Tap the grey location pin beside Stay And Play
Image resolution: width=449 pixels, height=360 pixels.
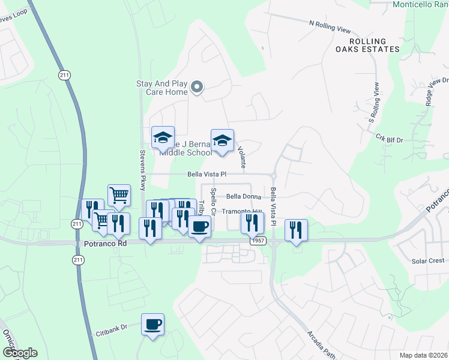coord(197,89)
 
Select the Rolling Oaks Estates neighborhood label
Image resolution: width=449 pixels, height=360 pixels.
coord(367,45)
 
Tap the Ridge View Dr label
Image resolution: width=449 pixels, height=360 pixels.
coord(436,91)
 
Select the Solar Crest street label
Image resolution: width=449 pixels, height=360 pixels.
coord(428,260)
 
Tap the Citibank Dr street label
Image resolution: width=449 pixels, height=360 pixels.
coord(112,328)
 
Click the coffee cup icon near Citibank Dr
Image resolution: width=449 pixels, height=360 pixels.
coord(152,325)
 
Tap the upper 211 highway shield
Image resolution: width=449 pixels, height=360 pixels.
coord(64,74)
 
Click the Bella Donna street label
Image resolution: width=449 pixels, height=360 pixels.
coord(242,196)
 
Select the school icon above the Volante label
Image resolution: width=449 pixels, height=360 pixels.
coord(222,141)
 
